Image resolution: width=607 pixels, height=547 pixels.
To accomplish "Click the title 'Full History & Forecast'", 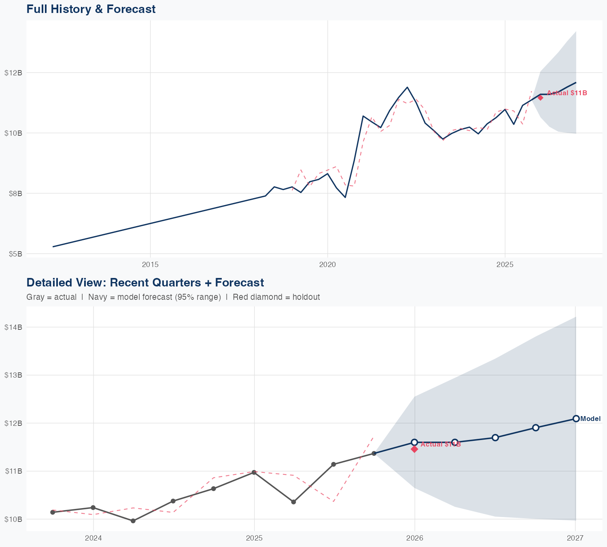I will (x=91, y=9).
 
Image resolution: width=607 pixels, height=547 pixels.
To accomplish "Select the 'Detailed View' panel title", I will (x=145, y=282).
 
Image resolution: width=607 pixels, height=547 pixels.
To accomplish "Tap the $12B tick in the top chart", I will (x=13, y=73).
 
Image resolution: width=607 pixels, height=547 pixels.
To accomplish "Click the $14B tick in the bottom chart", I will (x=13, y=327).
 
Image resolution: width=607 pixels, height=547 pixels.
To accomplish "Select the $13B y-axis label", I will (x=13, y=375).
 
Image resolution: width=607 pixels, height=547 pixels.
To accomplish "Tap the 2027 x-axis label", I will (x=575, y=538).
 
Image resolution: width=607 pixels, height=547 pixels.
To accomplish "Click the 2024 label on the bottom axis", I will (x=93, y=538).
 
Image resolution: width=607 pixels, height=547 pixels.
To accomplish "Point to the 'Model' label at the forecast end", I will (x=590, y=419).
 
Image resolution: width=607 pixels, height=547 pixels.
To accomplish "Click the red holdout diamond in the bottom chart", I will (x=414, y=449).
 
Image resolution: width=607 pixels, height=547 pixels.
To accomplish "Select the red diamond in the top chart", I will (x=540, y=97).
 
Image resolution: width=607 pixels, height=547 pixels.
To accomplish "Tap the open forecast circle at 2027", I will (x=575, y=419).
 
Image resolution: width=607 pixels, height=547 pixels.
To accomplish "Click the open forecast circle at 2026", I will (x=414, y=442).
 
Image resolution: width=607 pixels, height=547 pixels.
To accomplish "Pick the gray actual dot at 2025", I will (x=254, y=472).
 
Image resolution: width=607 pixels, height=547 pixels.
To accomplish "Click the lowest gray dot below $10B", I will (x=133, y=521).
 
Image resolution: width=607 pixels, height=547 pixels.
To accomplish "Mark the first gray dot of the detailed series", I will (x=53, y=512).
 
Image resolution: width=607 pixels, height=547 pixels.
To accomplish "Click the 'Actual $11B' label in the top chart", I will (x=567, y=93).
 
